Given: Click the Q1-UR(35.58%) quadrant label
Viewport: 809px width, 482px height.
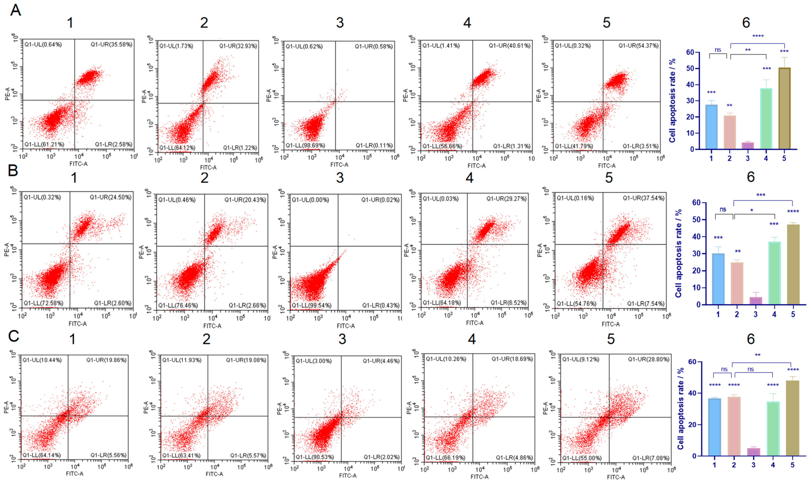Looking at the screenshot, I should (x=111, y=45).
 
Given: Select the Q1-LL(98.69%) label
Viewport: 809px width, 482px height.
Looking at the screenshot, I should (x=305, y=145).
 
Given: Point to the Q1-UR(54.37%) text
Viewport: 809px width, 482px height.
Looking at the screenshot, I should (x=638, y=46).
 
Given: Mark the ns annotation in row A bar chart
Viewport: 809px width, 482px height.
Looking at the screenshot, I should (x=718, y=50).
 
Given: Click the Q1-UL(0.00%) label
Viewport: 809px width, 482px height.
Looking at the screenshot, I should (x=310, y=200).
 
